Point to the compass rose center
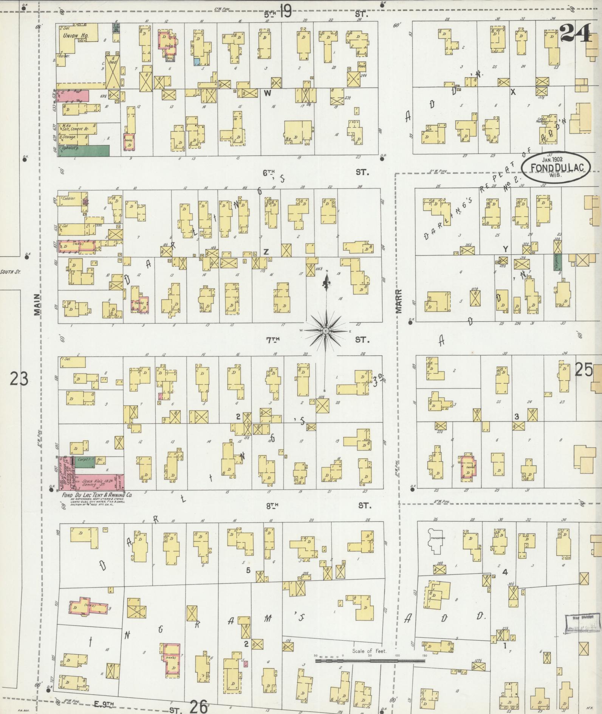point(325,331)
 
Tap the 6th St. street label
point(269,173)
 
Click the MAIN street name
point(37,305)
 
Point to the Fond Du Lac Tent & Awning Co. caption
point(97,495)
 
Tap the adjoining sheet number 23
point(19,378)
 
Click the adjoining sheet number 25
point(583,370)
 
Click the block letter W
point(267,93)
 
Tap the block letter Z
point(266,252)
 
